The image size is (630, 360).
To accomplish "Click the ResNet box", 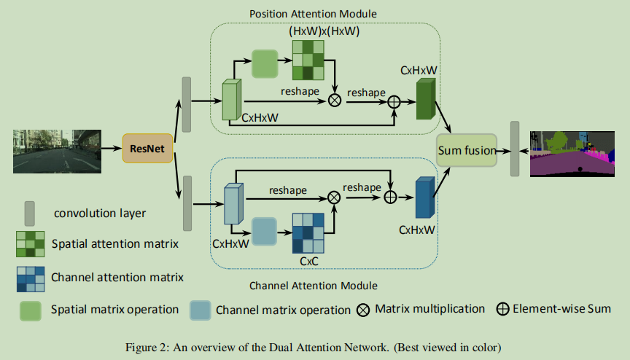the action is point(147,149).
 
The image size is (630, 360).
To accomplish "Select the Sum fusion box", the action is point(467,150).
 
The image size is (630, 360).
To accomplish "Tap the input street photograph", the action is point(57,152).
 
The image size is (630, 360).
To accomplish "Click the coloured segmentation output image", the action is point(572,154).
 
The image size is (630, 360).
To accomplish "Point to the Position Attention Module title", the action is point(313,14).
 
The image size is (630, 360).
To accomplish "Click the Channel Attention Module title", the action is point(314,286).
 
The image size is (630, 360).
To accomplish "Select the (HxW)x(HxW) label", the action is point(324,31).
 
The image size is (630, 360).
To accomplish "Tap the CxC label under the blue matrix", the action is point(309,262).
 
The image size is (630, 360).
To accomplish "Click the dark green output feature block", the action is point(426,98).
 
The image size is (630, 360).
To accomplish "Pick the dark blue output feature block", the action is point(425,197).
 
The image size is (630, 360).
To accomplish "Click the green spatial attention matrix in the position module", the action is point(308,60).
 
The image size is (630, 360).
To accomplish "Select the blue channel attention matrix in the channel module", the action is point(308,233).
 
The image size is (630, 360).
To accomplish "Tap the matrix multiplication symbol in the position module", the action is point(335,100).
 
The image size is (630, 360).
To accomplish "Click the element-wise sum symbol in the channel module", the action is point(391,197).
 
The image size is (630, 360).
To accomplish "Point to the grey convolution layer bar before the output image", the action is point(515,149).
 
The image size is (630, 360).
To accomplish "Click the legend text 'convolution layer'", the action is point(100,213).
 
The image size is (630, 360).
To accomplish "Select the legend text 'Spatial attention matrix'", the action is point(115,243).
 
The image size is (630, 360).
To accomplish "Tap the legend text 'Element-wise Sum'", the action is point(561,309).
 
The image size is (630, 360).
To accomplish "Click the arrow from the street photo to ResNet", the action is point(112,149).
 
